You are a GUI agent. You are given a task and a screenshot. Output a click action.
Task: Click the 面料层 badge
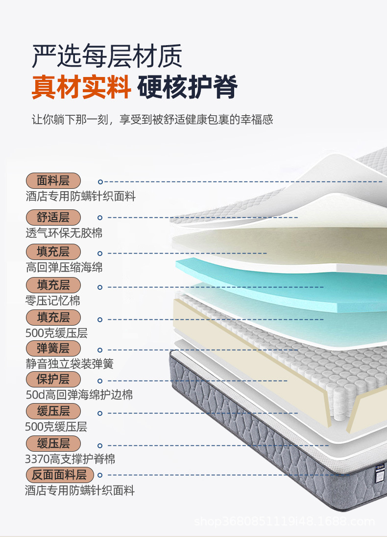pos(53,180)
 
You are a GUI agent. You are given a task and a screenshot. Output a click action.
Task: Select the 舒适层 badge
pos(53,217)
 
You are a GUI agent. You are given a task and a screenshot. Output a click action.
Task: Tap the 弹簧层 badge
pos(53,349)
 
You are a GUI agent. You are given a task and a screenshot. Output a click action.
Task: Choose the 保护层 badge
pos(53,379)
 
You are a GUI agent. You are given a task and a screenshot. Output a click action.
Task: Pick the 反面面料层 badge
pos(59,475)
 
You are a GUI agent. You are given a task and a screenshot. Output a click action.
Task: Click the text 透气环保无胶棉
pos(64,233)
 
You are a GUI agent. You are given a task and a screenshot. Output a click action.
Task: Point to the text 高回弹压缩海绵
pos(64,268)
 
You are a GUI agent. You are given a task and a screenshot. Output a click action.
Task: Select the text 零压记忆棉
pos(53,300)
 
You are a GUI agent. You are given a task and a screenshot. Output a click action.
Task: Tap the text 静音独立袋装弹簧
pos(70,364)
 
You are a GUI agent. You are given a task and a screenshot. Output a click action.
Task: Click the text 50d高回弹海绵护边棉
pos(79,395)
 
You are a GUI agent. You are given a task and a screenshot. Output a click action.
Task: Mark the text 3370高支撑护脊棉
pos(70,460)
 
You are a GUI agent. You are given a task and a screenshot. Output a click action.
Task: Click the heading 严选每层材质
pos(107,56)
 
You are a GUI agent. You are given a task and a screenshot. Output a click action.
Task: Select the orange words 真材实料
pos(81,87)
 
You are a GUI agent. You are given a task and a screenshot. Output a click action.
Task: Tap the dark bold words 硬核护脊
pos(188,87)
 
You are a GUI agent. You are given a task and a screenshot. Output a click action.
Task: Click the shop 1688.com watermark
pos(284,521)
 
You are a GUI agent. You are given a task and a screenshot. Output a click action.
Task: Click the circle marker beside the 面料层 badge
pos(100,181)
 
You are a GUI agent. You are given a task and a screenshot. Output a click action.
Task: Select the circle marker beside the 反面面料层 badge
pos(100,475)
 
